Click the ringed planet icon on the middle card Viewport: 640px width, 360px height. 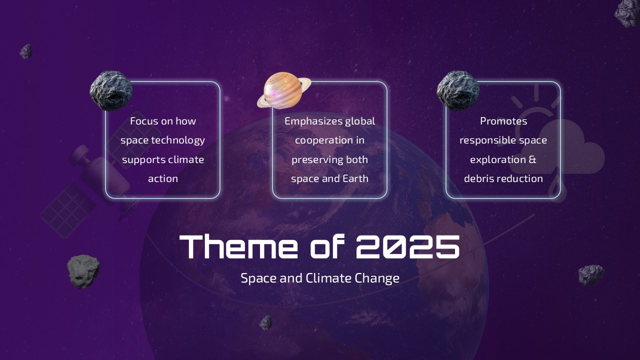click(283, 89)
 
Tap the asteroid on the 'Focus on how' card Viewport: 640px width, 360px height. click(111, 90)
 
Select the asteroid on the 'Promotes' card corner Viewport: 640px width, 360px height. click(458, 90)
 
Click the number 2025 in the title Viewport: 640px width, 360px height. click(408, 246)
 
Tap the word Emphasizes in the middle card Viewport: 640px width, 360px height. click(313, 121)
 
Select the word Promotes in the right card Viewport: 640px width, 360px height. click(503, 121)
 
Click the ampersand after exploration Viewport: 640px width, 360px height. click(532, 159)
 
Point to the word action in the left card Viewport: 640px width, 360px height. click(162, 178)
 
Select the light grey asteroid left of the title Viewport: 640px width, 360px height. click(83, 271)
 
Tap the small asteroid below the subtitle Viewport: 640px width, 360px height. click(266, 322)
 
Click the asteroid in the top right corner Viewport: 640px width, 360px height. click(628, 12)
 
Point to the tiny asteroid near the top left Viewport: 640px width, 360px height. click(26, 51)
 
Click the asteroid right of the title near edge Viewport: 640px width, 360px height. click(591, 275)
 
